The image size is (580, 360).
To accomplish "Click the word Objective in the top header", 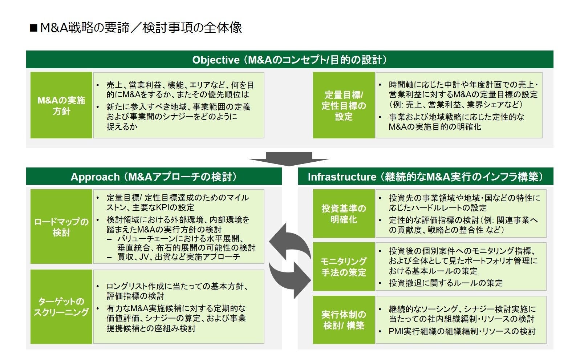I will [x=216, y=60].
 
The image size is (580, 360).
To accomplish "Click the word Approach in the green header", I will [x=95, y=177].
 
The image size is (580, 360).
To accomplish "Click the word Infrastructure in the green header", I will [x=342, y=177].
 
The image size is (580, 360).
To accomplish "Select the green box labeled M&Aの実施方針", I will [x=61, y=105].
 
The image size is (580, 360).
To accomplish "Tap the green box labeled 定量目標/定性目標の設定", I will [x=344, y=105].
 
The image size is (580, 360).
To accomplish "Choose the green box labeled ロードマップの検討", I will [x=61, y=227].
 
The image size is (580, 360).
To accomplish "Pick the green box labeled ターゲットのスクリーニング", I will [x=61, y=307].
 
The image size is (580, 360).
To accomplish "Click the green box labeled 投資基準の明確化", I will [x=344, y=214].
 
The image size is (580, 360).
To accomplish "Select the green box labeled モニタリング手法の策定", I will [x=344, y=267].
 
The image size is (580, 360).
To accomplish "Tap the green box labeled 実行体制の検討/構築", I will [x=344, y=320].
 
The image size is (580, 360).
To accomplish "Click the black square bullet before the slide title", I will [x=33, y=28].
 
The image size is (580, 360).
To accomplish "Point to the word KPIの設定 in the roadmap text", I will [x=175, y=207].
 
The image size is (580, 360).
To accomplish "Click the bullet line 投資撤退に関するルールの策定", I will [x=446, y=283].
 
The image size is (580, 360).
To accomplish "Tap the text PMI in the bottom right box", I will [x=396, y=331].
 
